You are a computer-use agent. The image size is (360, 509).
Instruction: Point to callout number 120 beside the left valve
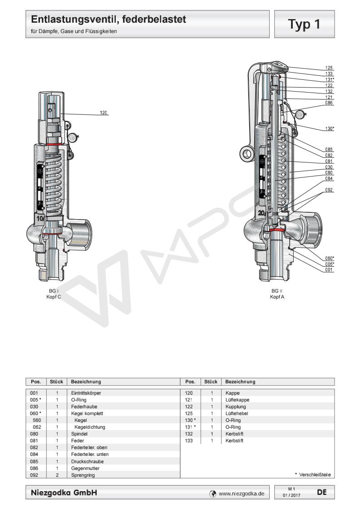pos(104,113)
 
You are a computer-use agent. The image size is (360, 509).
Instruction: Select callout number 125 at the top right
pos(329,68)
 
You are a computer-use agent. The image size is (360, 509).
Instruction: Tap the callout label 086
pos(329,103)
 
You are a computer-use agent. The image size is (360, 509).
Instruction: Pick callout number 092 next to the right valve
pos(329,190)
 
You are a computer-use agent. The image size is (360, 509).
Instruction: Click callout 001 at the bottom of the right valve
pos(329,269)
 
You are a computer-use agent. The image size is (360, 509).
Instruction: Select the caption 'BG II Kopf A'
pos(277,294)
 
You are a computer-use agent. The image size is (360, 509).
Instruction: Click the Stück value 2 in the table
pos(57,475)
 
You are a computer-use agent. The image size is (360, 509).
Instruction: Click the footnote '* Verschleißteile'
pos(313,475)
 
